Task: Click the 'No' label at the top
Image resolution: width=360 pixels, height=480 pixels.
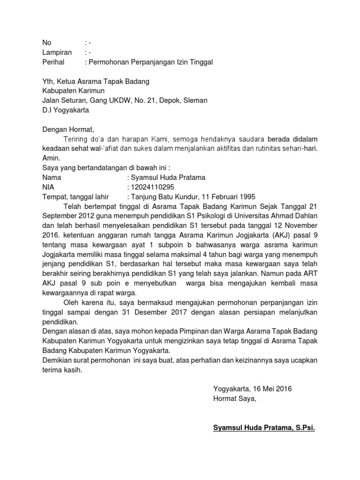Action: (47, 43)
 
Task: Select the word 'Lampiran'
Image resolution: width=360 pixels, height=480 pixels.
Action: (57, 52)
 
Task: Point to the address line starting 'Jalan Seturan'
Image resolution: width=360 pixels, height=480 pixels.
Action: (125, 100)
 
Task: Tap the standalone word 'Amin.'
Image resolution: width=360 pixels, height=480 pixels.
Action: (51, 158)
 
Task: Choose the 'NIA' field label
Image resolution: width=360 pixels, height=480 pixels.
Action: (48, 187)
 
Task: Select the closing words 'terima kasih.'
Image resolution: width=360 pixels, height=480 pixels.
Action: (62, 370)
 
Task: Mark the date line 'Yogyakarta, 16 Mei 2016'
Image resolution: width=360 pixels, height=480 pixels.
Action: (252, 389)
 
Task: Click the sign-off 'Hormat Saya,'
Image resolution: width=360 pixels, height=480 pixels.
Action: (235, 399)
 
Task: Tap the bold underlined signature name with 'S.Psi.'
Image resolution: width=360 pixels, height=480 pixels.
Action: (264, 427)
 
